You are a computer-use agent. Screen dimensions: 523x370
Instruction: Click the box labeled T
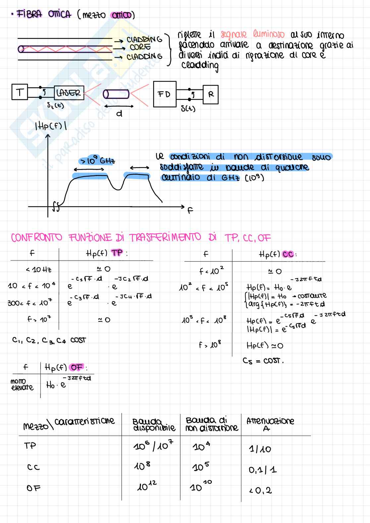[x=20, y=92]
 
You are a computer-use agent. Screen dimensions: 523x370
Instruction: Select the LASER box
[x=69, y=93]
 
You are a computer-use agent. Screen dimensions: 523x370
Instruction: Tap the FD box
[x=164, y=94]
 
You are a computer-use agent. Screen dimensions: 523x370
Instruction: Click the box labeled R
[x=211, y=94]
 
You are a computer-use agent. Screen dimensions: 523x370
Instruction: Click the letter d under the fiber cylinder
[x=119, y=114]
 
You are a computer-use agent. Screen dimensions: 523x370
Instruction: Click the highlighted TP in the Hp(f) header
[x=117, y=253]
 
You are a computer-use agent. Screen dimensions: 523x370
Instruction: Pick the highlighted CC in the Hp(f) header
[x=288, y=255]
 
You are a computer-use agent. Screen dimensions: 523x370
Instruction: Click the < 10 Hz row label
[x=38, y=270]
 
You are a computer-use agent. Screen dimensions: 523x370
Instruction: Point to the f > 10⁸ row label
[x=210, y=345]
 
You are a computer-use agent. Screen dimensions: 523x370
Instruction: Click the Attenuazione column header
[x=270, y=421]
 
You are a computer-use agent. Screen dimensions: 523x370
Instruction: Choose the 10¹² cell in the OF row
[x=147, y=487]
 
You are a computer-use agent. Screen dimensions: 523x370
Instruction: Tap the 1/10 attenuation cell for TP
[x=260, y=449]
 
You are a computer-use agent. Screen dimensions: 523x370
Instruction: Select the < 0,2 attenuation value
[x=261, y=490]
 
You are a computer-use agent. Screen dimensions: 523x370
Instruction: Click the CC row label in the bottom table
[x=33, y=467]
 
